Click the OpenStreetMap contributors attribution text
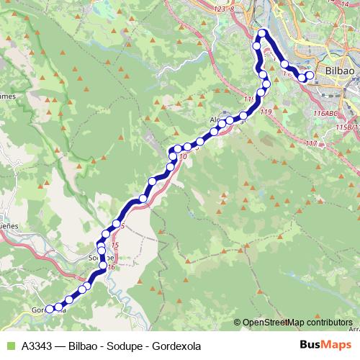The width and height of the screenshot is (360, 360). [x=297, y=323]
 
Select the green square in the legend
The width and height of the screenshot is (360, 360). [x=10, y=346]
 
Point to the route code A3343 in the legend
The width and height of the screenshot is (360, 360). [x=40, y=346]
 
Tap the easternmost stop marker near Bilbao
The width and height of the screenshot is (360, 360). [x=310, y=75]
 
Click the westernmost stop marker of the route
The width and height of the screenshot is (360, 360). [x=50, y=310]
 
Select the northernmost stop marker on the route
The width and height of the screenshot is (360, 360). [x=263, y=32]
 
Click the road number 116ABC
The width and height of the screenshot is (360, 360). [x=325, y=114]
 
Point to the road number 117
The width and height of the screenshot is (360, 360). [x=311, y=144]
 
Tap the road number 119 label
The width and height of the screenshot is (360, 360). [x=265, y=112]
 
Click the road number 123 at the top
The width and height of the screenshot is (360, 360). [x=220, y=9]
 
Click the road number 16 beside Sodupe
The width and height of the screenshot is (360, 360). [x=111, y=267]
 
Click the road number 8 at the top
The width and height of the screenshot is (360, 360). [x=233, y=9]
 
